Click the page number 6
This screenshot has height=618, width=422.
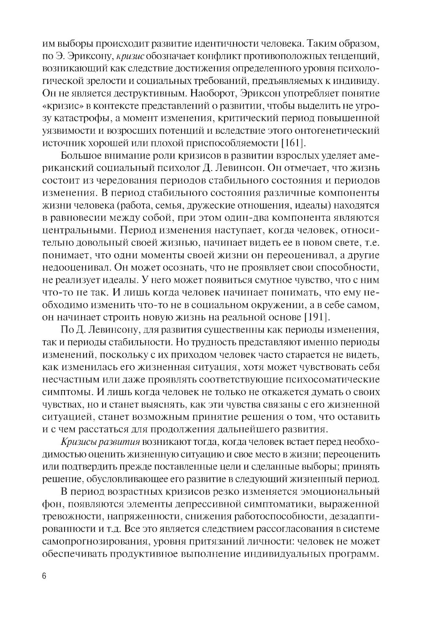(x=44, y=577)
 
